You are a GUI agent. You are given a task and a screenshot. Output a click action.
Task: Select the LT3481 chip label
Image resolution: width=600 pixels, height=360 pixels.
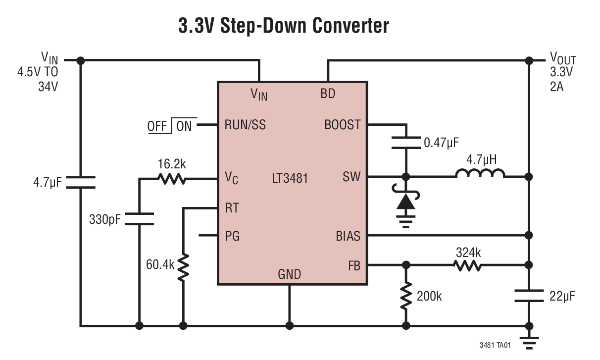coord(290,178)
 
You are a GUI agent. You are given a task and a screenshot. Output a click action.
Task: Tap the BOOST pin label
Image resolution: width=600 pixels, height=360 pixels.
coord(343,125)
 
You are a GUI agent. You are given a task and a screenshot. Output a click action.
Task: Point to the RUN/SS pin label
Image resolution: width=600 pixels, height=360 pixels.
coord(245,125)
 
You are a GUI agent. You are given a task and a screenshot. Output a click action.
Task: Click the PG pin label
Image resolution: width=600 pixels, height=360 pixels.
coord(232,236)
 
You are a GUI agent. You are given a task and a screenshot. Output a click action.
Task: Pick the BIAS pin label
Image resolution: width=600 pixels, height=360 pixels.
coord(348,236)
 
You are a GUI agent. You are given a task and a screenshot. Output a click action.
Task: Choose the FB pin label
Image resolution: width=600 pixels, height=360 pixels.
coord(353,266)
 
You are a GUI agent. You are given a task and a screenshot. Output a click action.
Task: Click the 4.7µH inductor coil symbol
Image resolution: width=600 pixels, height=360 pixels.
coord(480,174)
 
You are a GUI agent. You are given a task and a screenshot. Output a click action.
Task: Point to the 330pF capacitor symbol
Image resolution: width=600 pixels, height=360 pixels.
coord(139,218)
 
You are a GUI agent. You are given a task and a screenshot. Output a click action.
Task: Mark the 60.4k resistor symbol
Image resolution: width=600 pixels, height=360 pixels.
coord(183,267)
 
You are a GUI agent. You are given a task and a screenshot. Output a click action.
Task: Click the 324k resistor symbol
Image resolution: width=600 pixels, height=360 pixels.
coord(467,266)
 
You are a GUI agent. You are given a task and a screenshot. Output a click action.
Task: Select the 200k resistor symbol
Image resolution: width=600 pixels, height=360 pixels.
coord(406,296)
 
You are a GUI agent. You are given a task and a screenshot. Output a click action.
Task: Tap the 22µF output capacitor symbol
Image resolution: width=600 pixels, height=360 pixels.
coord(529,296)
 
